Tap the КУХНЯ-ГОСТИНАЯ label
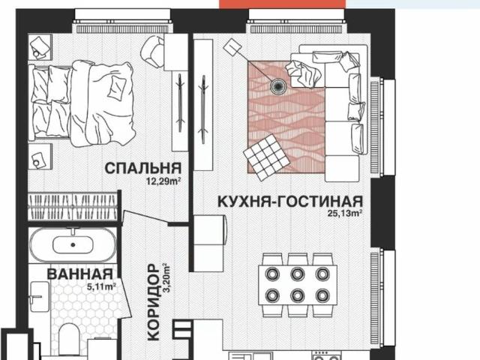(290, 202)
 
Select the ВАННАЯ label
(80, 274)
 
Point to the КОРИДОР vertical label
(154, 301)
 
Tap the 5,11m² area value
(100, 286)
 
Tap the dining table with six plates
(298, 279)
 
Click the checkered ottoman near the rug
(266, 158)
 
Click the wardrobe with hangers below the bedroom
(73, 206)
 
